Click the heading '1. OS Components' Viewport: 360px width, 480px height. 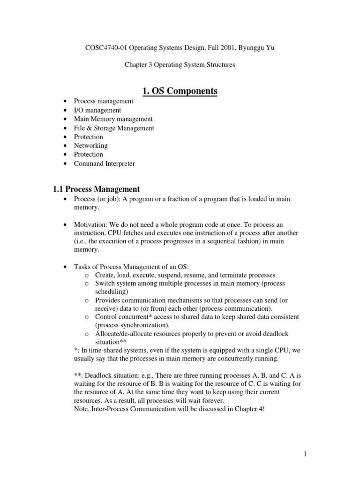(180, 90)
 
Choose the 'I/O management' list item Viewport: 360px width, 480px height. (97, 110)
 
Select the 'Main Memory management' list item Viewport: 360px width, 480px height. (113, 119)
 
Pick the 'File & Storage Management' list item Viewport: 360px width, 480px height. (113, 128)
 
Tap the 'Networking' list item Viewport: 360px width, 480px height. (91, 146)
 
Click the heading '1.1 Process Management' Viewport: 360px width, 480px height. (96, 189)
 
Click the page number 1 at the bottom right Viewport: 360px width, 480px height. (304, 454)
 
